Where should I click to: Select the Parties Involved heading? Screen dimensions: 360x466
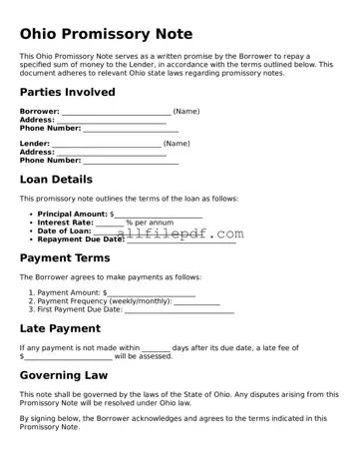[67, 92]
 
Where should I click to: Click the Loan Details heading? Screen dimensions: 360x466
[56, 180]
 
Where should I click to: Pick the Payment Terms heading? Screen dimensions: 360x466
[65, 257]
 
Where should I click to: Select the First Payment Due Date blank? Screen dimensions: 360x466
[180, 310]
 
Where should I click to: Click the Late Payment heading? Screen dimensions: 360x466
[60, 328]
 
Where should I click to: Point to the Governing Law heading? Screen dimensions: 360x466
[63, 376]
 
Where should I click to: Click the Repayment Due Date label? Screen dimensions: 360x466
[81, 239]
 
